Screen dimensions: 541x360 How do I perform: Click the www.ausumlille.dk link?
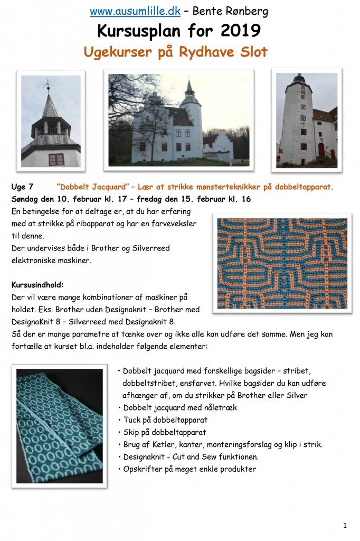click(135, 11)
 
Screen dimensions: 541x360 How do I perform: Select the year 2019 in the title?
click(240, 31)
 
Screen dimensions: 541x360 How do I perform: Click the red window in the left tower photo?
click(55, 159)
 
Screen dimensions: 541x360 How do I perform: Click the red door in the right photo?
click(321, 151)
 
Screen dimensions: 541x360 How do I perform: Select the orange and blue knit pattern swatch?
click(282, 263)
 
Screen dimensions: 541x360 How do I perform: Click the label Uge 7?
click(23, 187)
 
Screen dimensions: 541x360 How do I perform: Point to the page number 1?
click(345, 525)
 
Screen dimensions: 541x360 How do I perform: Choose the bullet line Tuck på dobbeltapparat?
click(165, 420)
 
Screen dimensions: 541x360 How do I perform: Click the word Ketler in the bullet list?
click(167, 444)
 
